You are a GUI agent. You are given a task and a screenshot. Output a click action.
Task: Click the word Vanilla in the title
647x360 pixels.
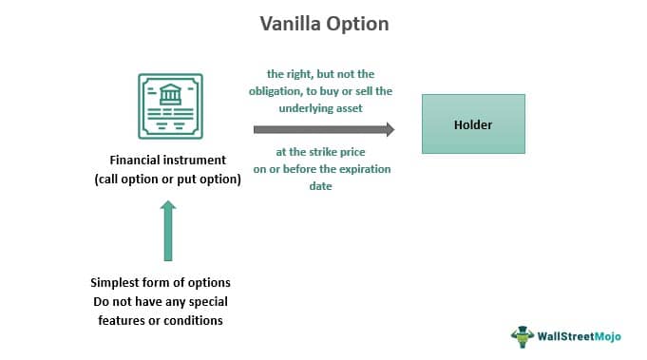(x=292, y=24)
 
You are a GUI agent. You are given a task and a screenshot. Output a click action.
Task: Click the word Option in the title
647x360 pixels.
(x=358, y=24)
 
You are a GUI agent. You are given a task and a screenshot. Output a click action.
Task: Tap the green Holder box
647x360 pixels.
(x=473, y=123)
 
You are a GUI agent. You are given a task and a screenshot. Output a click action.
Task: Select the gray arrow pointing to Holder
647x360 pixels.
(x=323, y=129)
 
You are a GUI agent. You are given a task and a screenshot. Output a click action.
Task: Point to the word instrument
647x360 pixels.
(x=198, y=161)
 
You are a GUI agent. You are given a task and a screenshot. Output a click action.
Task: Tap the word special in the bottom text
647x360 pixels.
(x=203, y=301)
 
